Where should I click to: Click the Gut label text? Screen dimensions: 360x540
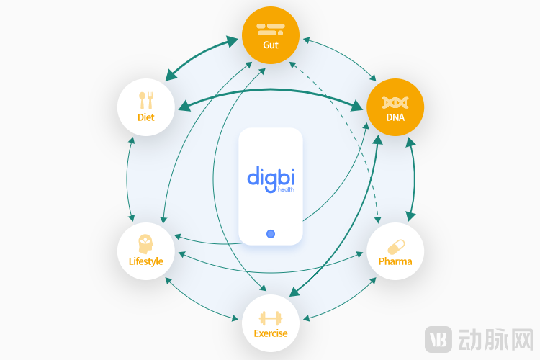[271, 45]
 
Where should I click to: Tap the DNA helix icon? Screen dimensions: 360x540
[395, 102]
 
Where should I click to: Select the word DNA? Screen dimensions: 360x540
[395, 117]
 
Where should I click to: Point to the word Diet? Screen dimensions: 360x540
[146, 117]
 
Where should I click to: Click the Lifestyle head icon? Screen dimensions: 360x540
[146, 244]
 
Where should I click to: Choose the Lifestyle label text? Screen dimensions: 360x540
[146, 261]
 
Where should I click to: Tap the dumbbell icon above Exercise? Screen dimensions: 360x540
[271, 318]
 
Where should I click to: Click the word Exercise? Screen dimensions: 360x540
[271, 333]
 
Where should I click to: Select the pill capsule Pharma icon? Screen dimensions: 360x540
[395, 246]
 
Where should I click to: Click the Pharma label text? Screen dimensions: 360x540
[395, 261]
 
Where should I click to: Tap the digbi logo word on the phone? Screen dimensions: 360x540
[271, 176]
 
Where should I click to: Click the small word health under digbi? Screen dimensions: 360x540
[286, 189]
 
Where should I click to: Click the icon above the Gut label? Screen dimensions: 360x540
[271, 30]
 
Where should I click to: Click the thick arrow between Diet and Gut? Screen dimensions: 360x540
[202, 56]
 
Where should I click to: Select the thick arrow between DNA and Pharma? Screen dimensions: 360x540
[413, 180]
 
